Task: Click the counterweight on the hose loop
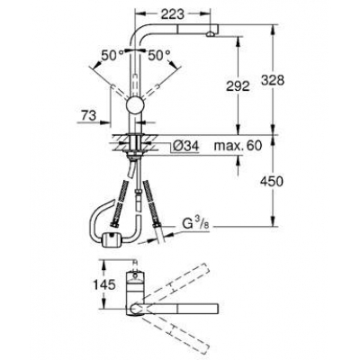111,239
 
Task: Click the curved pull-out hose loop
97,225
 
